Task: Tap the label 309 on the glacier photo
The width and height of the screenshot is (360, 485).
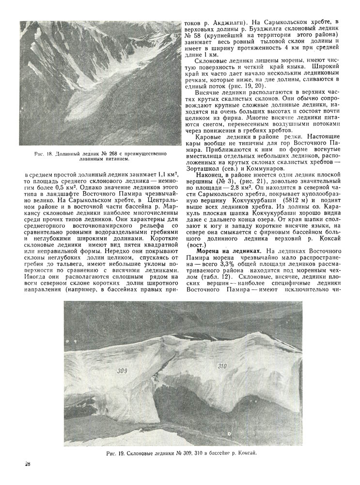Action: (122, 371)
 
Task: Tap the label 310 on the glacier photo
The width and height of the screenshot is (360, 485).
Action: (222, 366)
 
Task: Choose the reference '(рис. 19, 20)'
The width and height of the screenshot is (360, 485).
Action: (248, 86)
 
